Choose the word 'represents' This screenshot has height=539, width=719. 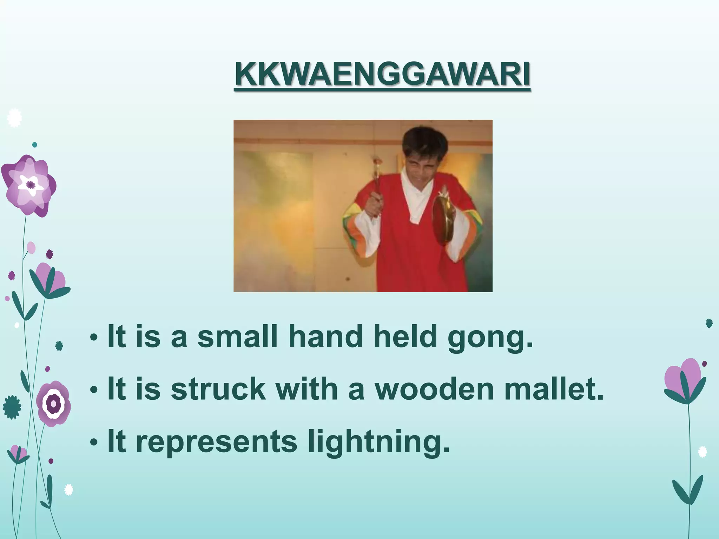click(x=216, y=443)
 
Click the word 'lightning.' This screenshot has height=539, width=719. click(x=378, y=443)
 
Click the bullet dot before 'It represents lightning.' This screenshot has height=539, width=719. click(x=93, y=443)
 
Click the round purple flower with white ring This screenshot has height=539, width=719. click(x=54, y=403)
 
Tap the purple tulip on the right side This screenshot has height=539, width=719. click(x=684, y=381)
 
